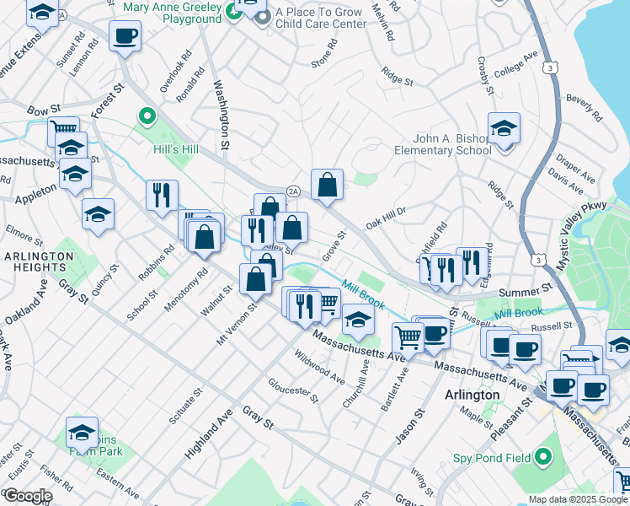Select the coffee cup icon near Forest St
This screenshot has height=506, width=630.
125,36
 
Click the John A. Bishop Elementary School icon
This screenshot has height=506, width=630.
504,128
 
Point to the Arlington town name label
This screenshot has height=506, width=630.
472,395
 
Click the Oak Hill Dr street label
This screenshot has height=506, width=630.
386,218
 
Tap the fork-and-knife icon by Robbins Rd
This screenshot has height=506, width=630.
162,194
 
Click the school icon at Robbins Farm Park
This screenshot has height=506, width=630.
82,433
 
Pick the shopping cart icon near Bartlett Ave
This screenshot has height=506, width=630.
408,336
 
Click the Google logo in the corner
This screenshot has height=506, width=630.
27,496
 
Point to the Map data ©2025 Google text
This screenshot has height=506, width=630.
578,499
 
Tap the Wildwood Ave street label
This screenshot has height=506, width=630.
318,365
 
